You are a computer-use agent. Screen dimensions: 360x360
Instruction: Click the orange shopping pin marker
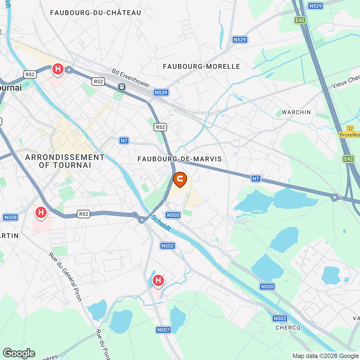coord(180,179)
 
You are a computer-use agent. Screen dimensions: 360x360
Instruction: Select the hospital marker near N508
coord(41,213)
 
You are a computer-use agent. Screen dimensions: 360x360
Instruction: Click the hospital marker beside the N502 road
coord(158,280)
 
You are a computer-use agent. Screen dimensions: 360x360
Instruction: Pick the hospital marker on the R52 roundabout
coord(58,69)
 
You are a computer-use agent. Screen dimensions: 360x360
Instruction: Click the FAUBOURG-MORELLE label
coord(201,67)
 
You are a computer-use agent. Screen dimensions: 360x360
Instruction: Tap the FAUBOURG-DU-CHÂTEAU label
coord(96,13)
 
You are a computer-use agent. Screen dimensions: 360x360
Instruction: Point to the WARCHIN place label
coord(296,112)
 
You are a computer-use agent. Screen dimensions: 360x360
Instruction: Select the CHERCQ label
coord(288,328)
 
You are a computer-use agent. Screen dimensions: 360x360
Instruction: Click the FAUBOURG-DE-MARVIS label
coord(180,159)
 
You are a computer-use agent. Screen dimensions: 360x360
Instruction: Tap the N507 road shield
coord(163,330)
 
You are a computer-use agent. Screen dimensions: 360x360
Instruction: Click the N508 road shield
coord(10,217)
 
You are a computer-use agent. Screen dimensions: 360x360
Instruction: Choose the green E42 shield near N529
coord(300,20)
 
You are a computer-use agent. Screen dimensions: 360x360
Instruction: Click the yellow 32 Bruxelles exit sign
coord(350,132)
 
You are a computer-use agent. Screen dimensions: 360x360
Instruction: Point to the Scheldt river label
coord(161,223)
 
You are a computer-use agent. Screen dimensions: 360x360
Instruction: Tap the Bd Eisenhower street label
coord(131,78)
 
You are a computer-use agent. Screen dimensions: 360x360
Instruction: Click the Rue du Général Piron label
coord(65,277)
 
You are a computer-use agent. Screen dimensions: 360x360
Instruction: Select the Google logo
coord(19,353)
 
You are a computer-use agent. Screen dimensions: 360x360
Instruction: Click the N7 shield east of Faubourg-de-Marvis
coord(256,178)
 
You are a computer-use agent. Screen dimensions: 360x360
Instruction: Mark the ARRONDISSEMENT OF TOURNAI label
coord(65,161)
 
